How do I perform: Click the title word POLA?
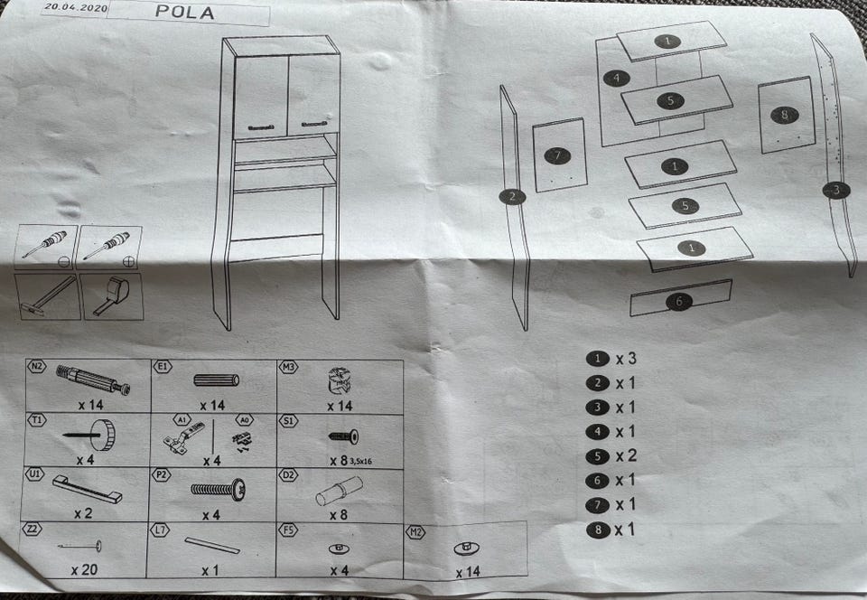184,13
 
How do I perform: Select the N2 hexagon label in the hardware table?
37,367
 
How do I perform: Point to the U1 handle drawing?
87,489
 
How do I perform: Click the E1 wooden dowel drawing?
215,380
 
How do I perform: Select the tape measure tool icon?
114,296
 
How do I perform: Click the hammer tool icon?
48,296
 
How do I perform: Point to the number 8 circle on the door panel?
783,115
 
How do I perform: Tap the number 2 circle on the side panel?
512,196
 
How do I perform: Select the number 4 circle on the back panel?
617,78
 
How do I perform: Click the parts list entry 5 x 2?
614,456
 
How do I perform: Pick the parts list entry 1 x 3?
614,358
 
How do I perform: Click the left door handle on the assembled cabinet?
260,126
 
